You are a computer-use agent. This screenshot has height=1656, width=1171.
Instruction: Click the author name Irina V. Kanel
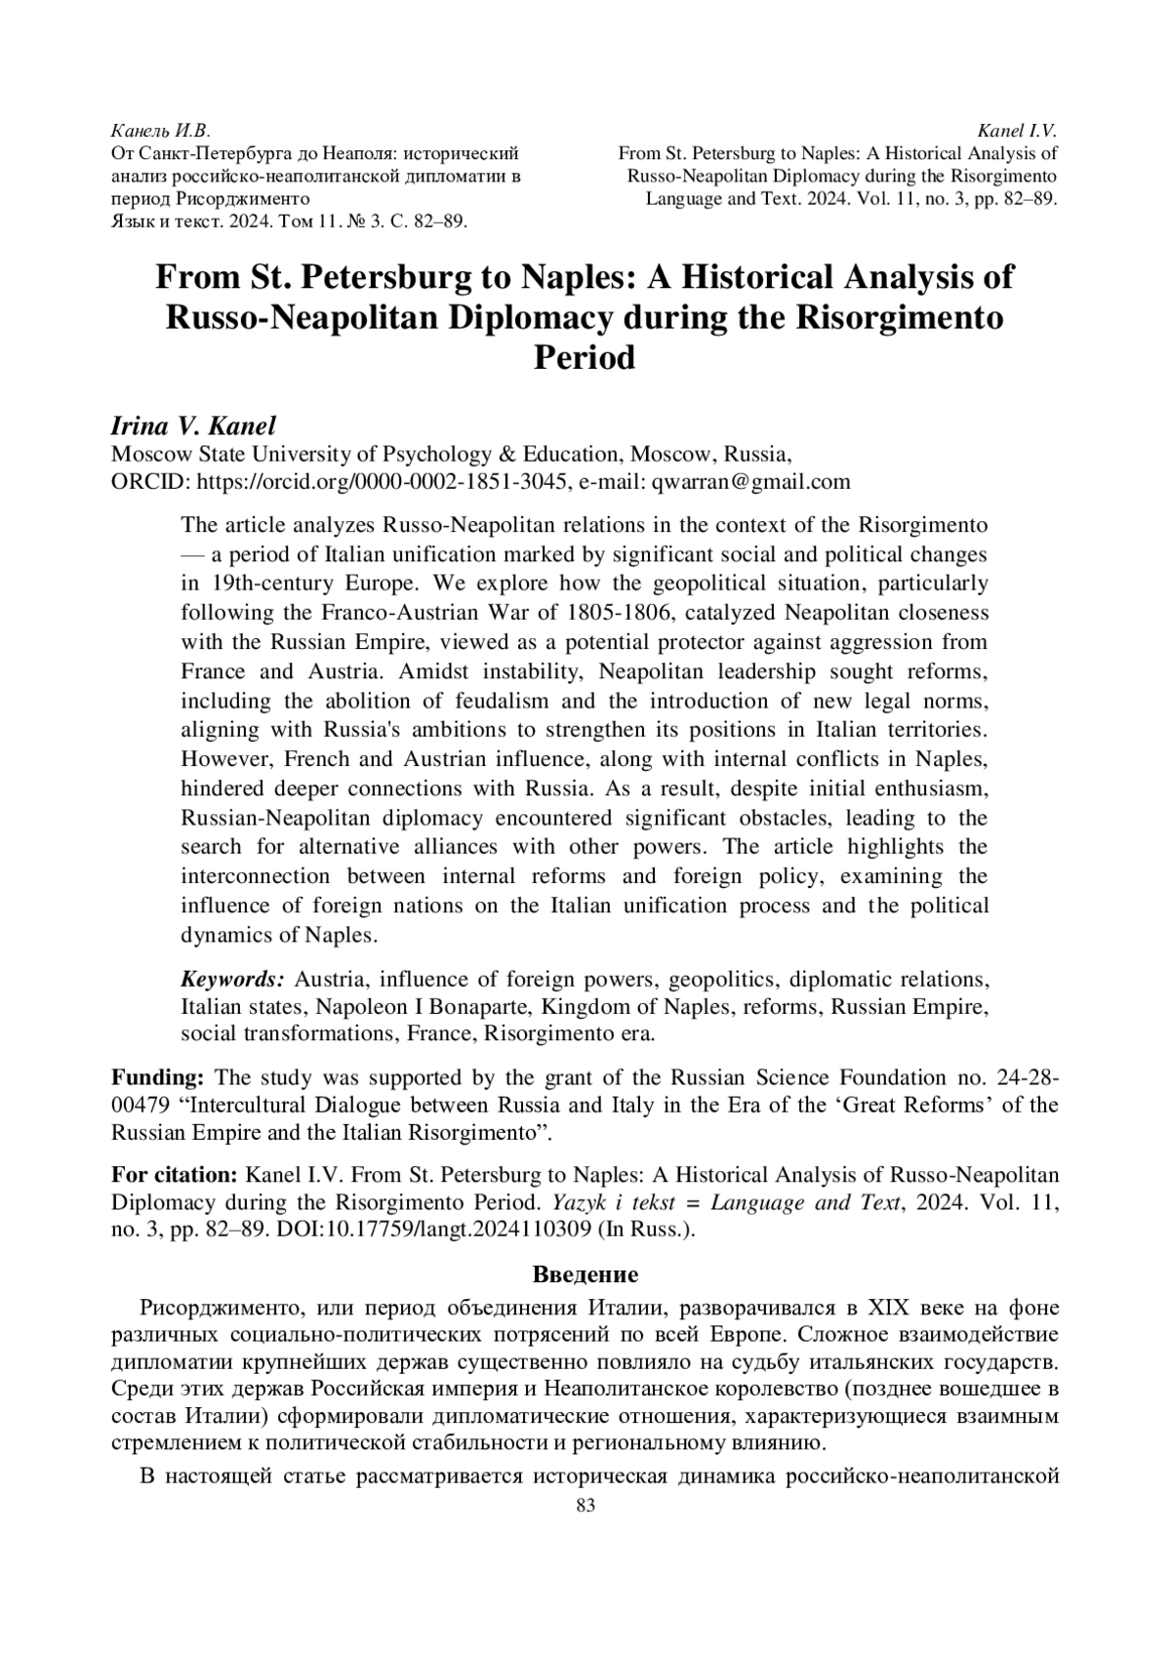194,425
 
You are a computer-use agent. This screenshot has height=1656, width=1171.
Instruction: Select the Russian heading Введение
585,1273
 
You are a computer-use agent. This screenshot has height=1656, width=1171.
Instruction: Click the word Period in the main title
585,357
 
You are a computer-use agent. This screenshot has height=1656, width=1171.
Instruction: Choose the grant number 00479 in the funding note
141,1106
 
